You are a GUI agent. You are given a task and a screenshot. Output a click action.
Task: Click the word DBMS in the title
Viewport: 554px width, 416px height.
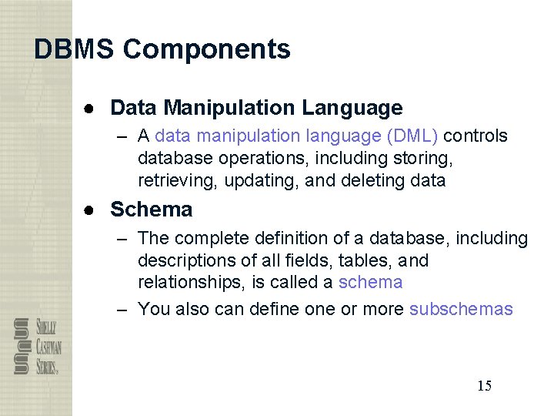click(74, 49)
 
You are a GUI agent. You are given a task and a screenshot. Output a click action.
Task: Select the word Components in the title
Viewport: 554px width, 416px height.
click(206, 49)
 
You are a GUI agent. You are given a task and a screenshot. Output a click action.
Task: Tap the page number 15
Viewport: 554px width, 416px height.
click(484, 386)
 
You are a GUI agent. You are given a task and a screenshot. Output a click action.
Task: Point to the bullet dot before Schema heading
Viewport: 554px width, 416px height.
click(90, 210)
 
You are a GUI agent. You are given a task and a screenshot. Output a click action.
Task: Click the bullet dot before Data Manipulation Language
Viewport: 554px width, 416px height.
click(90, 108)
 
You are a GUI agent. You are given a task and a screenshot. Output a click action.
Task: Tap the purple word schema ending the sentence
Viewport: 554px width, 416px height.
click(370, 282)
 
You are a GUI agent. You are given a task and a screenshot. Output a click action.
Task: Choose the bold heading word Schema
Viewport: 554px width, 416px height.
click(152, 210)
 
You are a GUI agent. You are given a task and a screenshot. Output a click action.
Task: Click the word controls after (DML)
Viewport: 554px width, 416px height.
click(476, 136)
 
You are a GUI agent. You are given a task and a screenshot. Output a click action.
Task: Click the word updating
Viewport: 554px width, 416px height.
click(257, 181)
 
